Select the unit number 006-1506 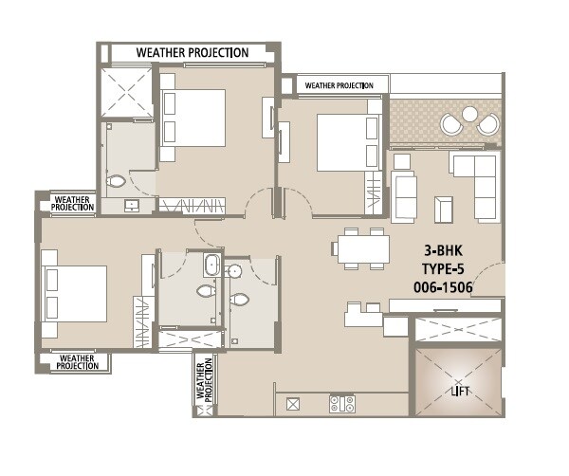(x=444, y=286)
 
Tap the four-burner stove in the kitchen (x=341, y=404)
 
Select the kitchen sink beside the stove (x=293, y=404)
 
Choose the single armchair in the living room (x=443, y=209)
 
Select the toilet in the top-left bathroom (x=117, y=180)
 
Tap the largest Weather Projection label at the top (x=193, y=53)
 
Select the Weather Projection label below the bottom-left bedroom (x=75, y=361)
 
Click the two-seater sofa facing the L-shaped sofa (x=405, y=196)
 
